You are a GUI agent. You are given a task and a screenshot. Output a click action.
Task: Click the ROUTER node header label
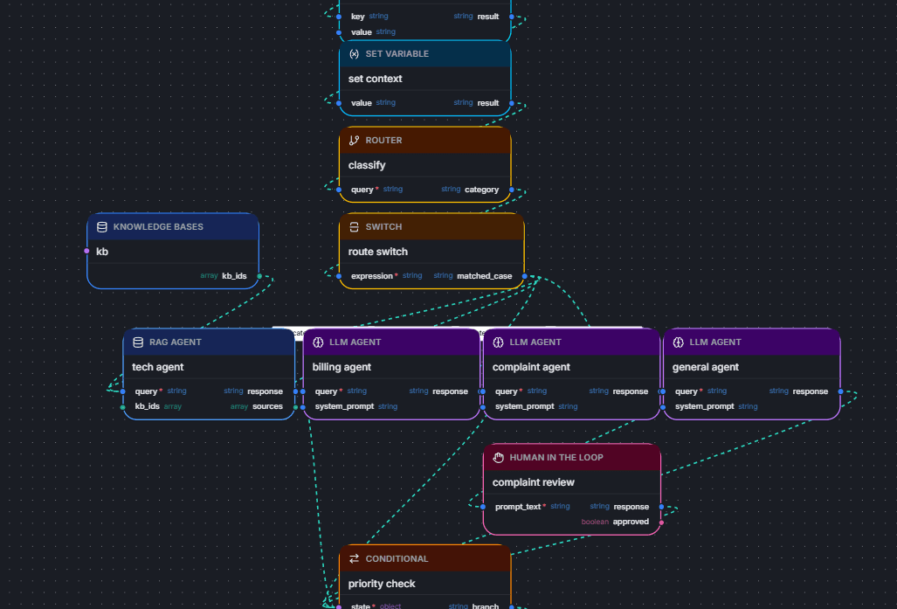coord(383,141)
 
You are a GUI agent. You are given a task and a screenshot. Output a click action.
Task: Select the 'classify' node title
coord(367,165)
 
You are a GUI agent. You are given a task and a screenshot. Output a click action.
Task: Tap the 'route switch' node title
coord(377,252)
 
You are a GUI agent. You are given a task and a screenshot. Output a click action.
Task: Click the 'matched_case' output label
coord(484,276)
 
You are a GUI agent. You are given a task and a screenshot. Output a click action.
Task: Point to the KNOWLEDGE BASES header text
coord(158,227)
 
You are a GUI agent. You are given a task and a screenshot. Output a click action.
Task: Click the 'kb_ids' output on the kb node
coord(234,276)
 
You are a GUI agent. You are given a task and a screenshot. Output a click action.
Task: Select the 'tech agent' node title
coord(158,367)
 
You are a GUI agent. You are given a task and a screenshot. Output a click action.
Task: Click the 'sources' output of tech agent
coord(267,406)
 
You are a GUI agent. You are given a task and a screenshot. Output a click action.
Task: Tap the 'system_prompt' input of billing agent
coord(344,406)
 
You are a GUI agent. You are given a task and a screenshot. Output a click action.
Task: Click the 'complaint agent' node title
coord(531,367)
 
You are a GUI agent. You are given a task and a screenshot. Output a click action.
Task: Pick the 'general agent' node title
coord(706,367)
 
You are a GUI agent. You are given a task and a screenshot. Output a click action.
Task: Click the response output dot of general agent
coord(840,391)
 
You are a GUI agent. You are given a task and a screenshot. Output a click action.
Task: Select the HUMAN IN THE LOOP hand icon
coord(499,457)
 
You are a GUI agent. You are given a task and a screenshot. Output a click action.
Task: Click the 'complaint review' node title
coord(533,482)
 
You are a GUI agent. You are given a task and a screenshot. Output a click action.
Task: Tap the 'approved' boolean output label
coord(631,522)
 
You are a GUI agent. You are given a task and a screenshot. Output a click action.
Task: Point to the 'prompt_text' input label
coord(518,507)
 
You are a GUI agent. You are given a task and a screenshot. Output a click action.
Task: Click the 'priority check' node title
coord(382,584)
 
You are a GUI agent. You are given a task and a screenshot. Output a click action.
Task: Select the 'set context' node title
coord(376,79)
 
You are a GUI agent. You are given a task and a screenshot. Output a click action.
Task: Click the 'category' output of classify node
coord(481,190)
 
